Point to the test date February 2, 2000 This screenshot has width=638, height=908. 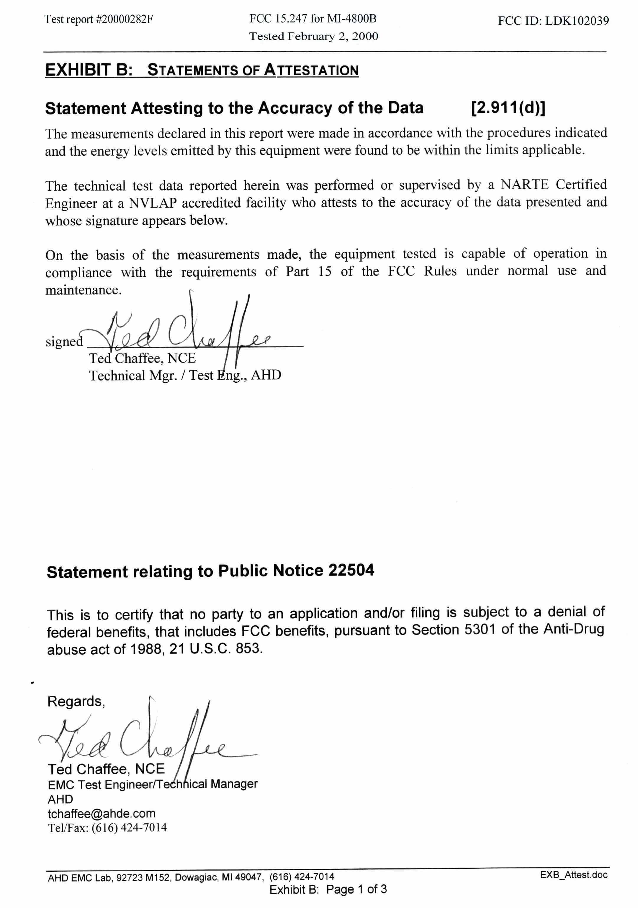click(x=333, y=36)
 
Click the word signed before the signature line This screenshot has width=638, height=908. click(x=64, y=341)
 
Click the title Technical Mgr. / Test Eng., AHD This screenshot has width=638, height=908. click(x=185, y=375)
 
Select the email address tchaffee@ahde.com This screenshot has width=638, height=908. click(x=102, y=813)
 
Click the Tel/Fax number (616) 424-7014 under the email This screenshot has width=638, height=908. click(x=129, y=827)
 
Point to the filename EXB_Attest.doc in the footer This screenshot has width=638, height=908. click(x=574, y=875)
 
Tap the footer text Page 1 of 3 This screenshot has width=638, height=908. click(x=356, y=889)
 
